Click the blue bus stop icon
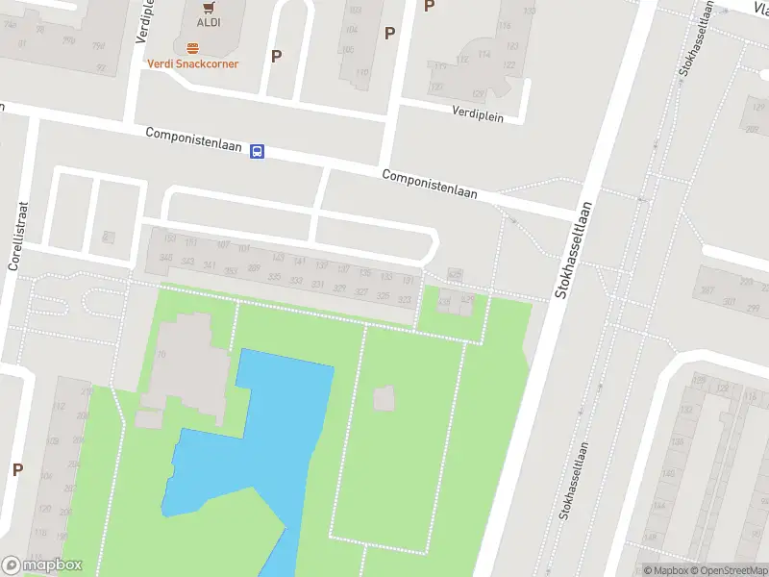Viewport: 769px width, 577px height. coord(258,151)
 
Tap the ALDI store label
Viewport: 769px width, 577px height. coord(208,22)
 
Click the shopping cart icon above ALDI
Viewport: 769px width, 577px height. coord(208,6)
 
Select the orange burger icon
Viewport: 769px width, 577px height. coord(192,46)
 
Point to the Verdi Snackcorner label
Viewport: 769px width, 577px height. coord(192,63)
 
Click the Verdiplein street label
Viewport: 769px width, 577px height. coord(479,111)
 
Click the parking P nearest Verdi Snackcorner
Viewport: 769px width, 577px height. coord(276,56)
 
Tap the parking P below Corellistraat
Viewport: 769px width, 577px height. coord(17,469)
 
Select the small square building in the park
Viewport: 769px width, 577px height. coord(384,397)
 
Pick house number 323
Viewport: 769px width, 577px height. coord(405,300)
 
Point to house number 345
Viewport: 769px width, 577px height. coord(165,258)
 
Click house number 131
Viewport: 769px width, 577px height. coord(408,280)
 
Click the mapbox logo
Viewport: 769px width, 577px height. coord(42,565)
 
